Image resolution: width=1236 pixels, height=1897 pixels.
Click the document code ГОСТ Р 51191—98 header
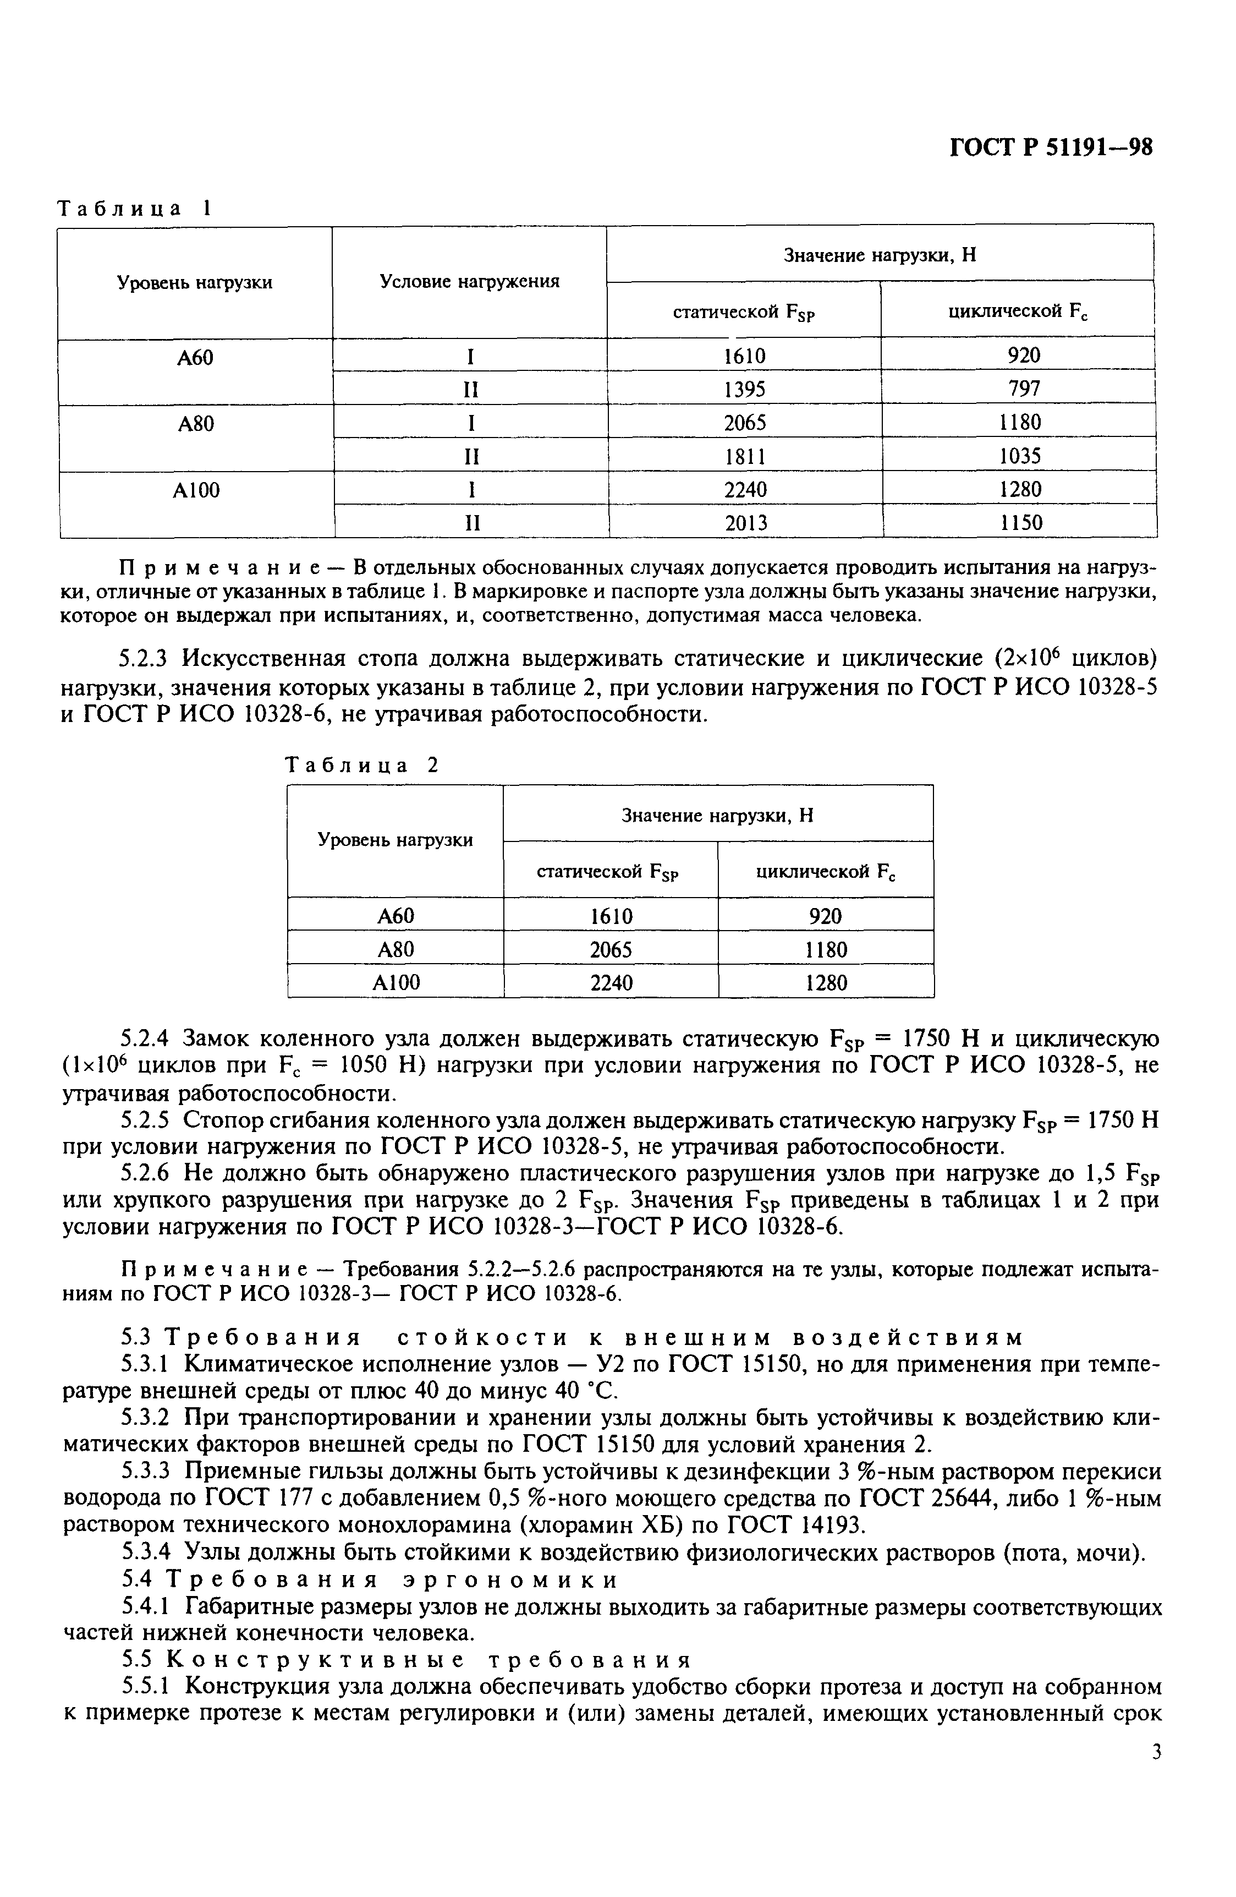tap(1051, 147)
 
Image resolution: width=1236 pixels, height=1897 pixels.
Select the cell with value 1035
tap(1020, 456)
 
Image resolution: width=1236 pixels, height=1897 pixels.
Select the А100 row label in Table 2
tap(396, 983)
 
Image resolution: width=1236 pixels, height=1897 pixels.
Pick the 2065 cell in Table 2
tap(611, 949)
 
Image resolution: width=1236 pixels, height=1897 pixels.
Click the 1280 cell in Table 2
tap(826, 983)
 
